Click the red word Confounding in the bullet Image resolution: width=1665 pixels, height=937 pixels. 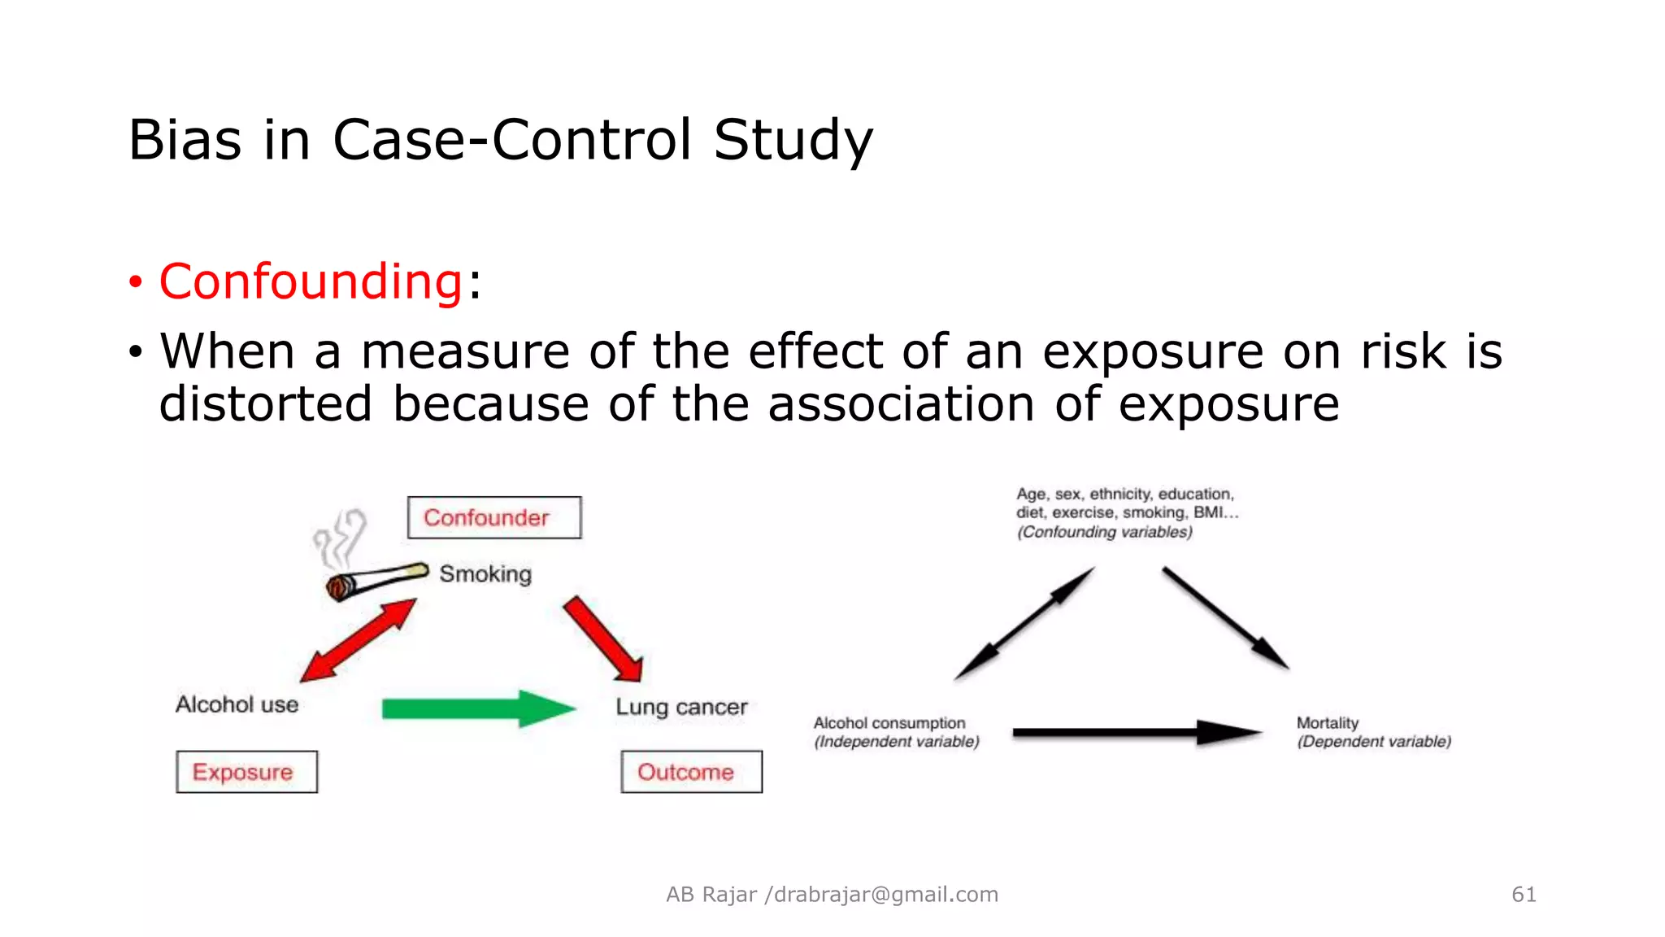click(311, 282)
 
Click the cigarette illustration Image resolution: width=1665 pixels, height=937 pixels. click(376, 580)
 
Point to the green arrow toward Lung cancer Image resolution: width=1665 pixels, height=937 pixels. click(478, 708)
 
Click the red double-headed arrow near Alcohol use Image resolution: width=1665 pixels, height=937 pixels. click(359, 640)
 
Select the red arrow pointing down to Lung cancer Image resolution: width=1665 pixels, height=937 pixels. click(604, 639)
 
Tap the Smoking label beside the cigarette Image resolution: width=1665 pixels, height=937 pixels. click(485, 574)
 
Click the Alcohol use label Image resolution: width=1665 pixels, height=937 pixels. click(237, 704)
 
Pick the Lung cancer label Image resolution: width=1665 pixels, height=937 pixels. click(681, 707)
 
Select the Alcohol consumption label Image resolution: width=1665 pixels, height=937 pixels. click(889, 723)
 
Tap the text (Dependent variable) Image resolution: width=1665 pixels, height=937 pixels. click(1373, 742)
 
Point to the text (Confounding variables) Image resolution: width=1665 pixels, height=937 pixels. click(1104, 532)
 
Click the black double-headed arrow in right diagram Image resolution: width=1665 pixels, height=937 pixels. click(1024, 624)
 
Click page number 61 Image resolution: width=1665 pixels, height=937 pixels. click(1524, 895)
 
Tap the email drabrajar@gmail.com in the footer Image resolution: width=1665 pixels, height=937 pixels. click(885, 895)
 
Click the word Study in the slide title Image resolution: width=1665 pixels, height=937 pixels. click(793, 140)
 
